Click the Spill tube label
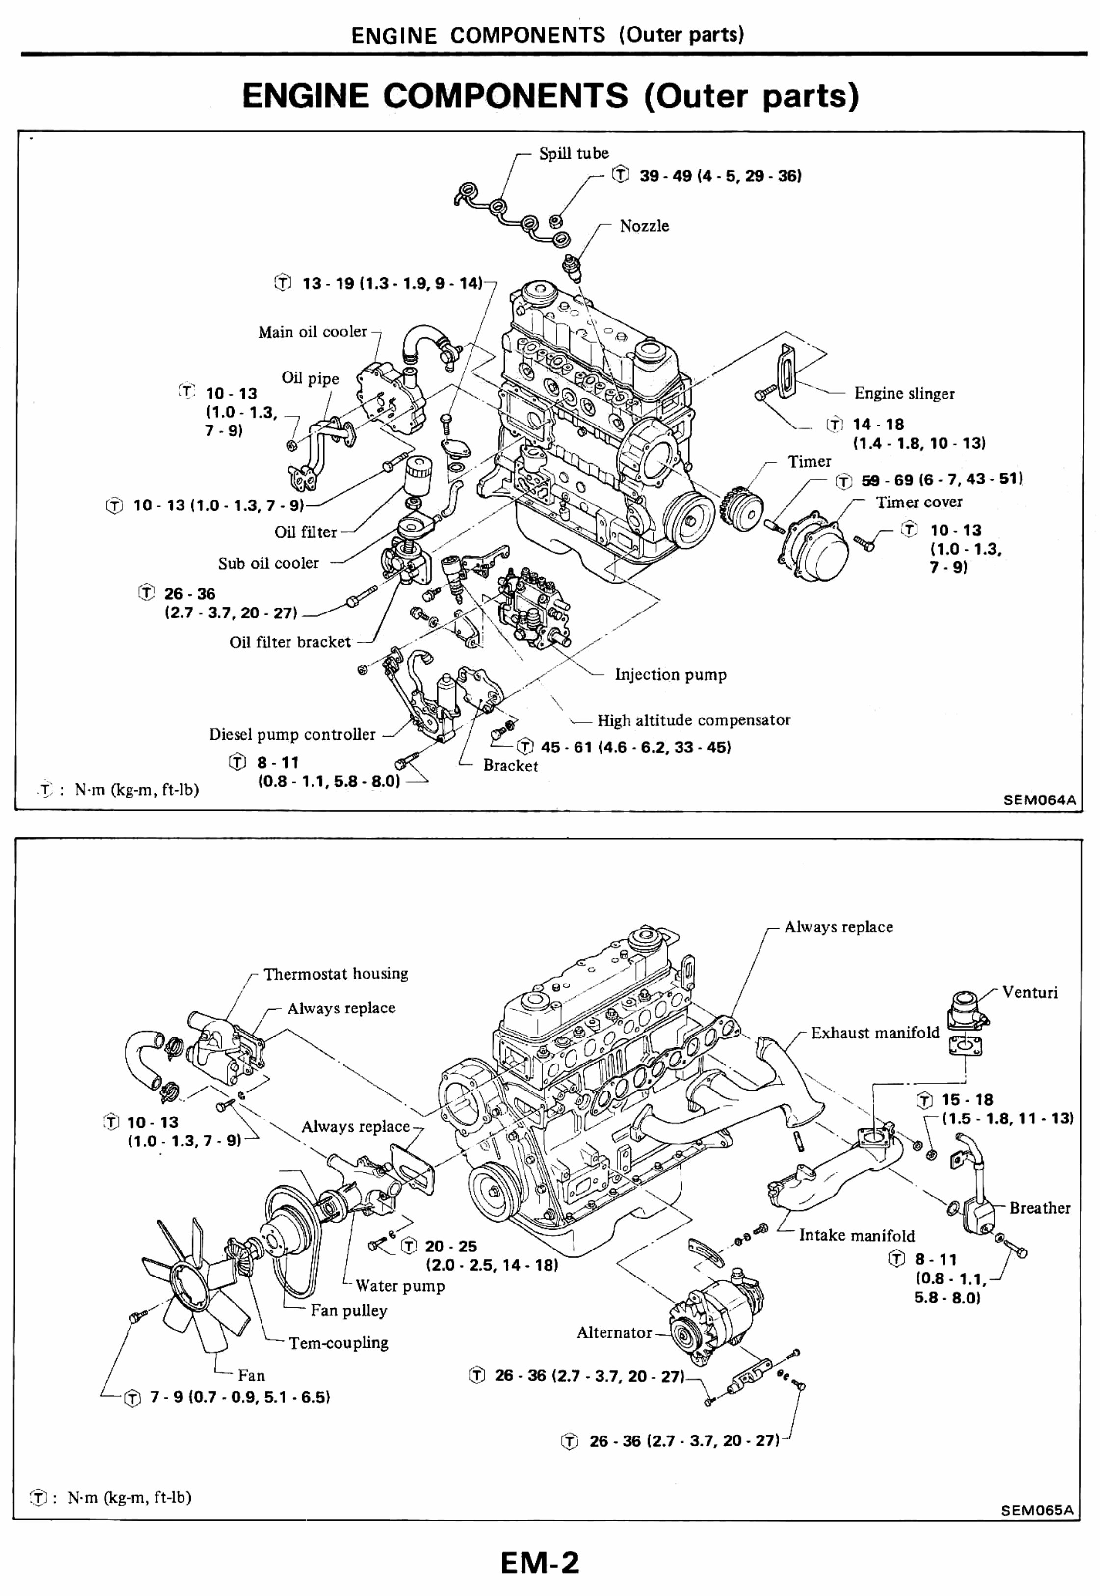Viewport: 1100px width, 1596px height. [x=574, y=153]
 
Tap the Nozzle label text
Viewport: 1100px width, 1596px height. [x=644, y=226]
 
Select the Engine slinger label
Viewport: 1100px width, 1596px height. [x=904, y=394]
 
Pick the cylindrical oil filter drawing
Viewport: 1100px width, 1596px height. [x=417, y=472]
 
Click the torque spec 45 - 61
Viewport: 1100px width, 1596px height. [x=635, y=747]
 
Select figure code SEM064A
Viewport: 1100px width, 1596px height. [x=1039, y=800]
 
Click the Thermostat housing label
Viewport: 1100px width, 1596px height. [x=336, y=974]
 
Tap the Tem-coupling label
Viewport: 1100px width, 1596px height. [x=339, y=1343]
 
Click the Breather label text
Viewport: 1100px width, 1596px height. [x=1039, y=1208]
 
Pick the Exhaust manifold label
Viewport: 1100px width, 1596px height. [x=875, y=1033]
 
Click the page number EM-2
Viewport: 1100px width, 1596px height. [x=540, y=1563]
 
